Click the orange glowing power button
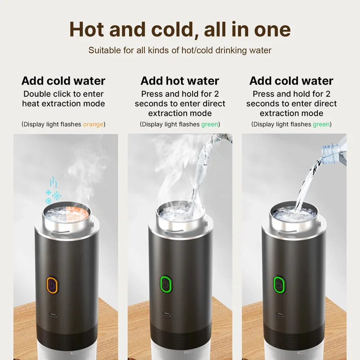(x=52, y=285)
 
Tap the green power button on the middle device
(x=166, y=284)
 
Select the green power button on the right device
(x=279, y=284)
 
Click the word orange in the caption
(x=93, y=124)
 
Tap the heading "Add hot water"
(x=180, y=81)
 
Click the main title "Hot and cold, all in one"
(x=180, y=30)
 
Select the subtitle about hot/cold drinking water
(x=180, y=50)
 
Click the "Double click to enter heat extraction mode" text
(x=63, y=99)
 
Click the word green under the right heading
(x=321, y=124)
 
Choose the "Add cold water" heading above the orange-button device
(x=63, y=81)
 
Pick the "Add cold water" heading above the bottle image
(x=291, y=81)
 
